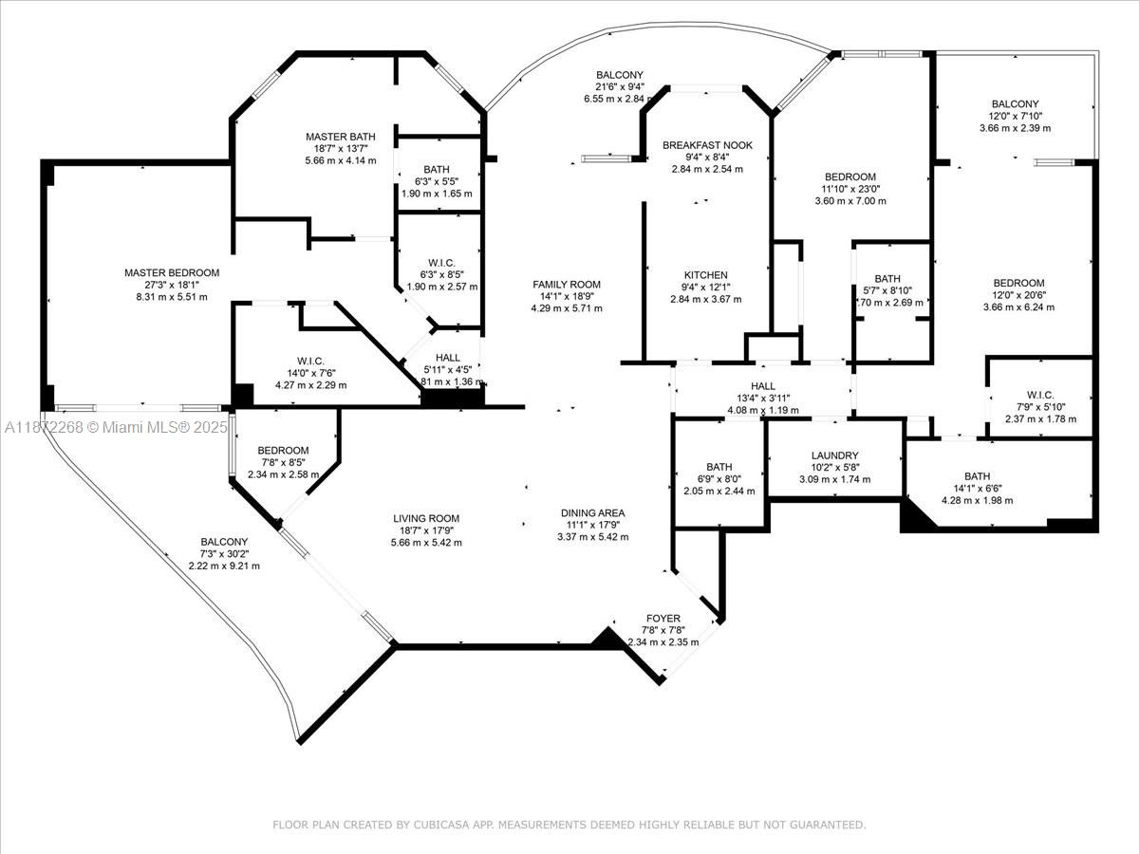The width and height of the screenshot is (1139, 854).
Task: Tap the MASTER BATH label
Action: click(341, 137)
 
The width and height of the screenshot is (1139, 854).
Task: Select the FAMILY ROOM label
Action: click(567, 285)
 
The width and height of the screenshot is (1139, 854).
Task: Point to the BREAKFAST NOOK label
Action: click(707, 145)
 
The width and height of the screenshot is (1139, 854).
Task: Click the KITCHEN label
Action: click(706, 275)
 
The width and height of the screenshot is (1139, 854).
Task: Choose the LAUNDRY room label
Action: click(835, 455)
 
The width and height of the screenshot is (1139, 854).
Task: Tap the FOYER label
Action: click(663, 619)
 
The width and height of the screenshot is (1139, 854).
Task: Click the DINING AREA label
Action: click(592, 513)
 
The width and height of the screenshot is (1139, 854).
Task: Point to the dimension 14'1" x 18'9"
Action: click(567, 296)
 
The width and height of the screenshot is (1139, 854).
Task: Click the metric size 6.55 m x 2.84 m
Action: click(619, 98)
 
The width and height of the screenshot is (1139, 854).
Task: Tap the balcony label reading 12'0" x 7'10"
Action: click(1015, 116)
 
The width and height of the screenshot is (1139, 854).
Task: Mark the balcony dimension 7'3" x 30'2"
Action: click(224, 554)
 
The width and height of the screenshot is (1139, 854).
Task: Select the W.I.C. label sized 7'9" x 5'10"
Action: click(1040, 407)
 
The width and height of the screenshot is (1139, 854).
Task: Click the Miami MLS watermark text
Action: click(116, 428)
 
